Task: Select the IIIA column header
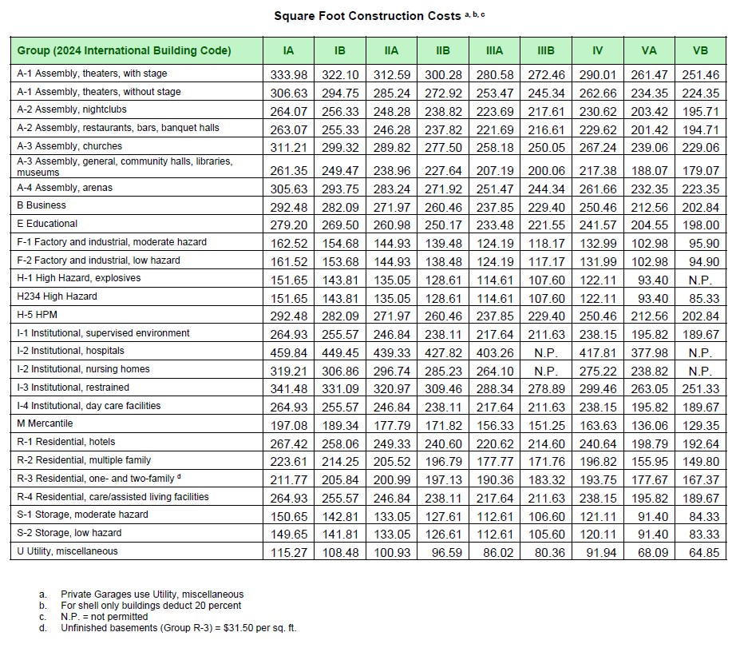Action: [x=494, y=50]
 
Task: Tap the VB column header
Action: [x=700, y=50]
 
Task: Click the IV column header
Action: [x=597, y=50]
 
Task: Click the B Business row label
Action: [x=42, y=205]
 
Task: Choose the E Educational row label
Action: [x=47, y=224]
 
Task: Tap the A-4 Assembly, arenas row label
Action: [x=65, y=188]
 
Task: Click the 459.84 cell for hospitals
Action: [x=289, y=352]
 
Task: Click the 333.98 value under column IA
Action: [x=289, y=74]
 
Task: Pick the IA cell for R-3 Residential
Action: [x=289, y=479]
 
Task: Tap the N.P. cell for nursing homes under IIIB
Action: [x=547, y=371]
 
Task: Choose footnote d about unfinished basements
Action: [x=179, y=628]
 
